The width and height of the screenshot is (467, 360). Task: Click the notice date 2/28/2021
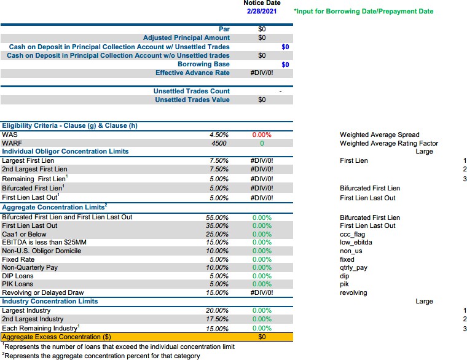coord(262,11)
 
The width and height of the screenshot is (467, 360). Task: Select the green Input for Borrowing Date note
coord(363,11)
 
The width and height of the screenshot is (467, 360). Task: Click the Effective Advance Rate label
coord(192,73)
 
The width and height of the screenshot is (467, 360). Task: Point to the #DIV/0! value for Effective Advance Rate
coord(262,73)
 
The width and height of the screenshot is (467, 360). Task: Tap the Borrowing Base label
coord(203,65)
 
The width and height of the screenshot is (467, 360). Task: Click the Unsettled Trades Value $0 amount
coord(262,100)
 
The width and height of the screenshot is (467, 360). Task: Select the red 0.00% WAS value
coord(262,135)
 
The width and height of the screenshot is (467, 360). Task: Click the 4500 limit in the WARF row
coord(219,144)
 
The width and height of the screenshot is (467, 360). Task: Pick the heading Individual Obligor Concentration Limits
coord(65,152)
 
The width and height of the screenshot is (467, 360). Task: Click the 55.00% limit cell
coord(217,217)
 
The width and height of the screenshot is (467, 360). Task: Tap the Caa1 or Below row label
coord(24,234)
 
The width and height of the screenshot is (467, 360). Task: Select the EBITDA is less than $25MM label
coord(44,243)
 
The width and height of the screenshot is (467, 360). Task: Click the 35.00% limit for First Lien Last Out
coord(217,225)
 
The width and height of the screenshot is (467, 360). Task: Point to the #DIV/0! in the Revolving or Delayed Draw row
coord(262,292)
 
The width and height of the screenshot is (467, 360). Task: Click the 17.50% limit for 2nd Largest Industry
coord(217,319)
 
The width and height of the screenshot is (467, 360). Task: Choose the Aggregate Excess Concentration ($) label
coord(57,337)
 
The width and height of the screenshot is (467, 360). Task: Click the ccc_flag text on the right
coord(352,235)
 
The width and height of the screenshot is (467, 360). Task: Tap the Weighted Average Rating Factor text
coord(389,144)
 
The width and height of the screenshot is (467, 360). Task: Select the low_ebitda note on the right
coord(356,243)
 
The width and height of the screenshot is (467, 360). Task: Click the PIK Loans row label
coord(18,284)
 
